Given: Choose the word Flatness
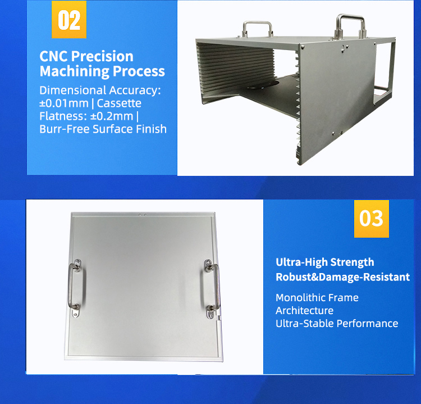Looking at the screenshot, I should tap(59, 116).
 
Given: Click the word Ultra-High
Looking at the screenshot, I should tap(301, 262).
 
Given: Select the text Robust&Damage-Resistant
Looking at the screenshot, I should tap(342, 277).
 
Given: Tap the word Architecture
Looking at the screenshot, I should tap(304, 310).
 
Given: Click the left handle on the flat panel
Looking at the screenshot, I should tap(73, 284).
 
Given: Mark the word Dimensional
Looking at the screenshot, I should tap(69, 90).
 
